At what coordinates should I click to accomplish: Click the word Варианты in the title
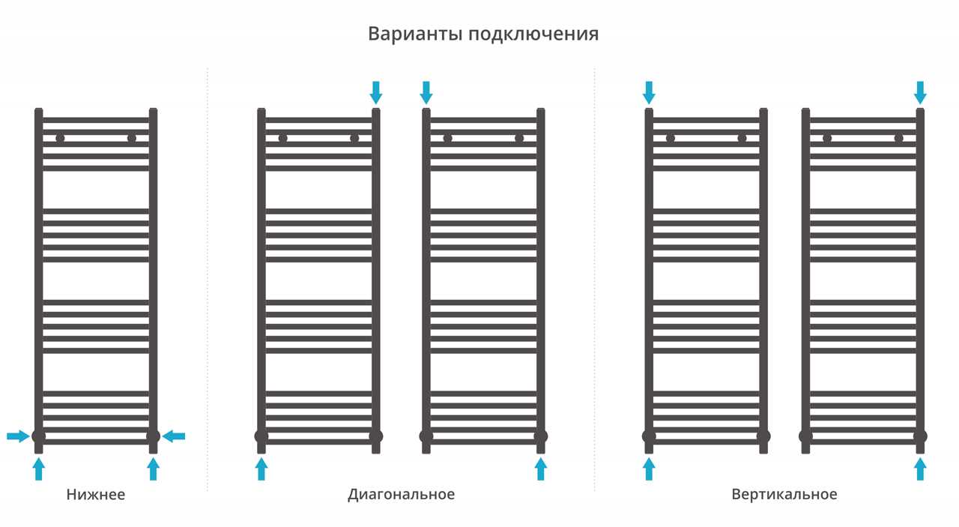click(x=415, y=34)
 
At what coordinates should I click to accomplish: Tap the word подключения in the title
click(x=533, y=34)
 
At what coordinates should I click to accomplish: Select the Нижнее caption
click(x=96, y=495)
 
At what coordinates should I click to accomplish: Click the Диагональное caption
click(x=401, y=495)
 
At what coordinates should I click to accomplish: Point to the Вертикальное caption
click(x=784, y=495)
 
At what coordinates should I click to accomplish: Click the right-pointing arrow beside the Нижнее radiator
click(x=18, y=436)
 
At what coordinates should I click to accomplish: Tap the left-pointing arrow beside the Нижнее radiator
click(x=174, y=436)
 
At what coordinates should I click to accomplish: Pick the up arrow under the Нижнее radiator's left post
click(x=38, y=469)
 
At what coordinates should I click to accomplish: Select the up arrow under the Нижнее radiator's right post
click(x=154, y=469)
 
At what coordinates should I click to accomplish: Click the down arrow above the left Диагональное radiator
click(x=376, y=92)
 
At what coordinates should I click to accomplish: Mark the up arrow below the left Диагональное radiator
click(x=261, y=469)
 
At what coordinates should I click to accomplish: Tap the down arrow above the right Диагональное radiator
click(x=426, y=92)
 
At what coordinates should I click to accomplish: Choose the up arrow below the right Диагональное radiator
click(x=541, y=469)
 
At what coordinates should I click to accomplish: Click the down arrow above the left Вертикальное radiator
click(x=649, y=92)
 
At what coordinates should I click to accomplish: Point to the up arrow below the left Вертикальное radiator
click(x=649, y=469)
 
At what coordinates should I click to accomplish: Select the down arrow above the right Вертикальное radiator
click(x=921, y=92)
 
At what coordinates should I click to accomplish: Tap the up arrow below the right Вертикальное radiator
click(x=921, y=469)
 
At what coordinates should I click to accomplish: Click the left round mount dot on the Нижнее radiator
click(x=60, y=139)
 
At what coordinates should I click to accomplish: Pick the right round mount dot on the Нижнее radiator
click(x=131, y=139)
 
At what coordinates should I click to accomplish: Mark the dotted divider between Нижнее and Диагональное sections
click(x=208, y=280)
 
